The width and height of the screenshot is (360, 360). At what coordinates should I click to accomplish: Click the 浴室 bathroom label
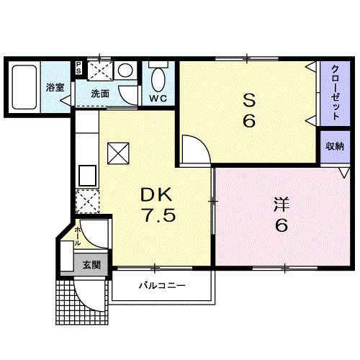coord(54,88)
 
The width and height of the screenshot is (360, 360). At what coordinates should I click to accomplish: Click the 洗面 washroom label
coord(100,94)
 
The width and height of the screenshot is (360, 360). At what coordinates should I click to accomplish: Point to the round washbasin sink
coord(125,71)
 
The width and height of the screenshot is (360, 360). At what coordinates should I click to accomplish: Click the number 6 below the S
coord(248,120)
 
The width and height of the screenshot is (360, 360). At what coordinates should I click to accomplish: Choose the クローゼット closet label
coord(336,92)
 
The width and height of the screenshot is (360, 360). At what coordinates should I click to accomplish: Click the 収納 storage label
coord(334,146)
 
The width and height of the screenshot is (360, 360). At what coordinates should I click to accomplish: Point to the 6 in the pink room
coord(281,226)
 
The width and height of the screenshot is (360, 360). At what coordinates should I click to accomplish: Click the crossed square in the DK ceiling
coord(117,153)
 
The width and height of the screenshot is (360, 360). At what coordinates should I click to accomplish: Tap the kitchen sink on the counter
coord(87,175)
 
